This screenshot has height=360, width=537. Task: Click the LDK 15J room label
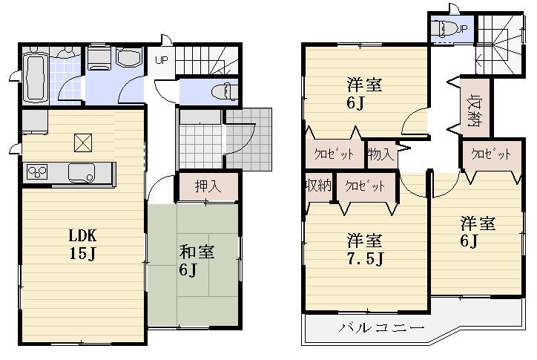(x=82, y=244)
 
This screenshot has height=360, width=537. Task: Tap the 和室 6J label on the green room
(x=196, y=260)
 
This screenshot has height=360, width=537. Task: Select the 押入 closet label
(x=208, y=187)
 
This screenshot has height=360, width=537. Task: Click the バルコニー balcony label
(x=381, y=327)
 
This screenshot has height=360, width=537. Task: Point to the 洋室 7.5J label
(x=365, y=249)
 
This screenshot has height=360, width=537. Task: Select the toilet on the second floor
(x=447, y=30)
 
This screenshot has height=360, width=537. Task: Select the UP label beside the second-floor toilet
(x=462, y=28)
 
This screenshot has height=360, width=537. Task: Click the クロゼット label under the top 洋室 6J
(x=334, y=155)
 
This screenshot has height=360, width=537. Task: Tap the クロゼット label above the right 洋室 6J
(x=491, y=154)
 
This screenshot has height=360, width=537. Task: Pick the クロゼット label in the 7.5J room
(x=365, y=186)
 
